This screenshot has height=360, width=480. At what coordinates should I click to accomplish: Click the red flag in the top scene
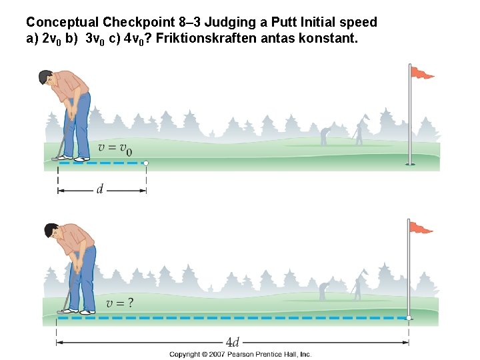[x=421, y=73]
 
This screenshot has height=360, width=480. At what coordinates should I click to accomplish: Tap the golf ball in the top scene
[x=146, y=163]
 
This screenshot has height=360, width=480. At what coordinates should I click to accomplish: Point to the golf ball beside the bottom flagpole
[x=409, y=318]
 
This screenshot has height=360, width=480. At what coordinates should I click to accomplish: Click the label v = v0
[x=115, y=148]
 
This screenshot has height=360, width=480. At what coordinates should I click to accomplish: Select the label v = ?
[x=119, y=303]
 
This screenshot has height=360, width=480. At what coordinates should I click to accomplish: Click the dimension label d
[x=100, y=190]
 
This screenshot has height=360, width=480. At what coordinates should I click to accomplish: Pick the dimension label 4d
[x=232, y=343]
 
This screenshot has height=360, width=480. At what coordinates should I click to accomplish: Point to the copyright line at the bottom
[x=240, y=355]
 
